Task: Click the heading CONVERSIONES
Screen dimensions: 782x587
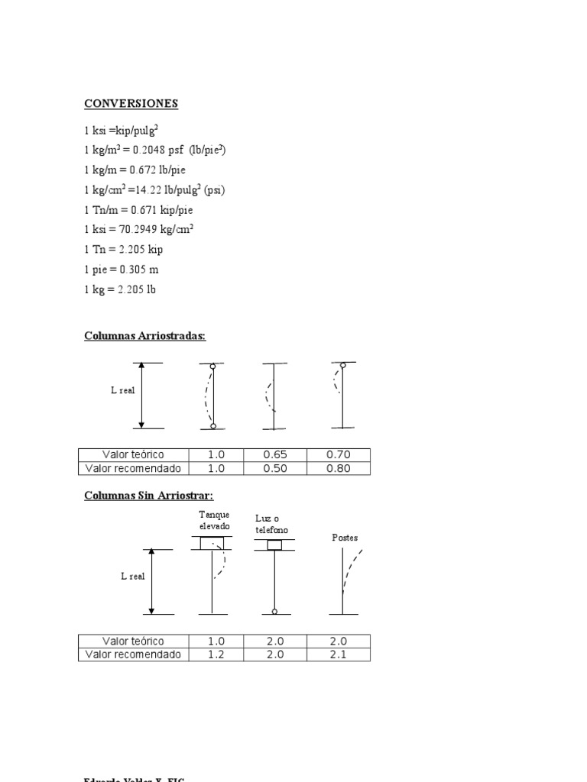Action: coord(131,103)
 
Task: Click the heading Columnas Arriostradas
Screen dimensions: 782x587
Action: coord(144,336)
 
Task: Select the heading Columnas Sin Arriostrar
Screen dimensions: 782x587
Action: coord(143,496)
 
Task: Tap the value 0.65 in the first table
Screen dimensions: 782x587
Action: coord(274,455)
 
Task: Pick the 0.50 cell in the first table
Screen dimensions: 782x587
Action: coord(274,468)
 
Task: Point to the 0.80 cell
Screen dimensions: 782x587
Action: coord(338,468)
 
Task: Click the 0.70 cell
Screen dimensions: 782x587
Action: coord(338,455)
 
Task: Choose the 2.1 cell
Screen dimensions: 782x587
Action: coord(338,654)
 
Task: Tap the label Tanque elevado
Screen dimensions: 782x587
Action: coord(214,521)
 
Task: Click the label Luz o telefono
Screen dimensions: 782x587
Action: coord(272,525)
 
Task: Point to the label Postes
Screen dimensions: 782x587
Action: coord(345,538)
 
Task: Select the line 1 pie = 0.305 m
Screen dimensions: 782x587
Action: coord(122,270)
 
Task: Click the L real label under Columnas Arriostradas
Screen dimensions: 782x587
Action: coord(122,390)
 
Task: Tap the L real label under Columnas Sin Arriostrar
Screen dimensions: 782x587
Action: coord(132,577)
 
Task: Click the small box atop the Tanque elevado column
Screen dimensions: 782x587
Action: coord(212,544)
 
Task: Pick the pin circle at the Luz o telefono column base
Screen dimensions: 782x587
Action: coord(274,611)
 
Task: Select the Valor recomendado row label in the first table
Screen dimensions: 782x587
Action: coord(133,468)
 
